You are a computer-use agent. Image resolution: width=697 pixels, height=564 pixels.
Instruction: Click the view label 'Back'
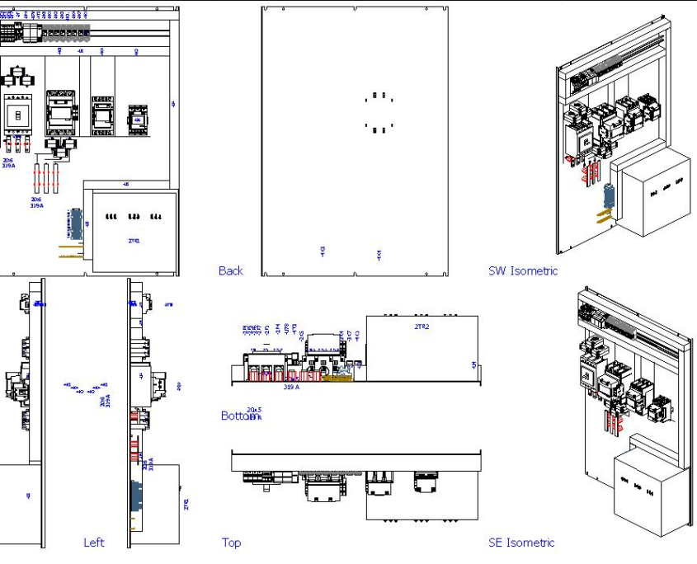pyautogui.click(x=231, y=270)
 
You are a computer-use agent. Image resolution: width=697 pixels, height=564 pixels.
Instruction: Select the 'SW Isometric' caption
pyautogui.click(x=522, y=270)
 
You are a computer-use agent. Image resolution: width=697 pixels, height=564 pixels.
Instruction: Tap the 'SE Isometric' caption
pyautogui.click(x=521, y=543)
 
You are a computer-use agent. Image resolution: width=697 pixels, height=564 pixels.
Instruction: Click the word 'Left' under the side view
pyautogui.click(x=94, y=543)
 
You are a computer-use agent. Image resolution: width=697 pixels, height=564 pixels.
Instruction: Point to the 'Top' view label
pyautogui.click(x=231, y=543)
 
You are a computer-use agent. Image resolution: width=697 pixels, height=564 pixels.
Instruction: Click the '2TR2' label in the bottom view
pyautogui.click(x=422, y=327)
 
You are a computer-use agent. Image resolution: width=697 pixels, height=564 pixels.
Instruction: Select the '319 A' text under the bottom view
pyautogui.click(x=291, y=386)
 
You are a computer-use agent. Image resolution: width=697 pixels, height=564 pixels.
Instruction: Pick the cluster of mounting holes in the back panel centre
pyautogui.click(x=378, y=112)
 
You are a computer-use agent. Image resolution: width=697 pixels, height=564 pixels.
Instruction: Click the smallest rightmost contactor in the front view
pyautogui.click(x=137, y=120)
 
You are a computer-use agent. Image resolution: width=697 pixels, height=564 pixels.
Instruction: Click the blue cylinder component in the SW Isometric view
pyautogui.click(x=610, y=197)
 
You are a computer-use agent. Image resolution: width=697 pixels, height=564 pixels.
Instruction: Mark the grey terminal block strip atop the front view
pyautogui.click(x=63, y=32)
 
